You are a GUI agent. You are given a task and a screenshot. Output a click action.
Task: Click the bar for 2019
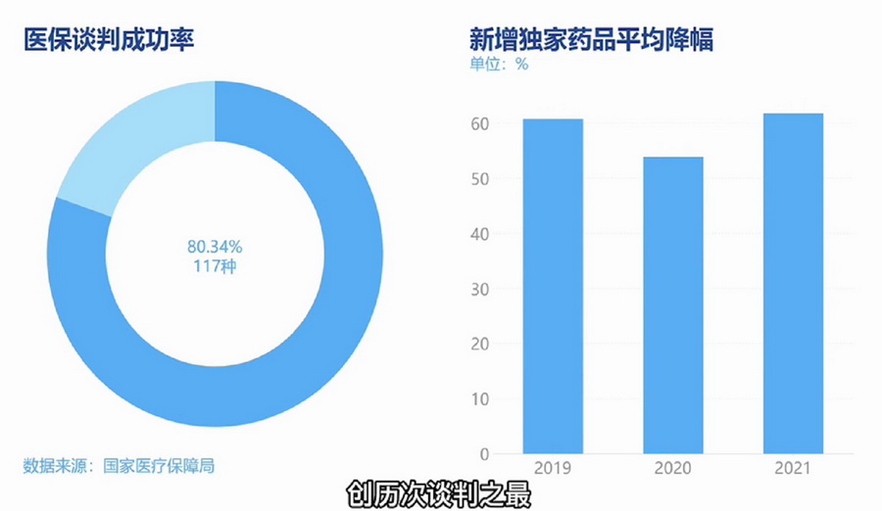click(553, 286)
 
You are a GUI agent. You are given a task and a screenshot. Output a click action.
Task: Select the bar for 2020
click(672, 305)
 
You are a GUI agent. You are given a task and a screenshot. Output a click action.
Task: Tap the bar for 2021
click(793, 284)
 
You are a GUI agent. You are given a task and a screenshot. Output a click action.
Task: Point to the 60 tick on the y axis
click(480, 124)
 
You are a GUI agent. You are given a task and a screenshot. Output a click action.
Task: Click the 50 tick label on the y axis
click(480, 179)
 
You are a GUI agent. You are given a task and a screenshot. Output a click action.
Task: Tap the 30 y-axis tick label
click(480, 290)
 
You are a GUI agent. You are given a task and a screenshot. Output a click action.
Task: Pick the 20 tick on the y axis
click(480, 345)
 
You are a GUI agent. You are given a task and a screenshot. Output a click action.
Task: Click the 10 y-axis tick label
click(480, 399)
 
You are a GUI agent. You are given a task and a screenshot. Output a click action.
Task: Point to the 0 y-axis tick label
click(484, 454)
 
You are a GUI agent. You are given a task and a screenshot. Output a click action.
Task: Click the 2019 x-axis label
click(553, 469)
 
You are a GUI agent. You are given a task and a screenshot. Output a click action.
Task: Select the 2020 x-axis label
click(672, 469)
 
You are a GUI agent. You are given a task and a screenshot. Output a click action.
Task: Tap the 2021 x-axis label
click(793, 469)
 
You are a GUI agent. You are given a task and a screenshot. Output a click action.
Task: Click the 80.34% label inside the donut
click(215, 247)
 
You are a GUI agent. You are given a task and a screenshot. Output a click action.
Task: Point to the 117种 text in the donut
click(215, 266)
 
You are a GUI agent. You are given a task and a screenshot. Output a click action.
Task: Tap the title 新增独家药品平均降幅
click(591, 40)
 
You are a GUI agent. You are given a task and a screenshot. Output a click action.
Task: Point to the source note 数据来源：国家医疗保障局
click(119, 465)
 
